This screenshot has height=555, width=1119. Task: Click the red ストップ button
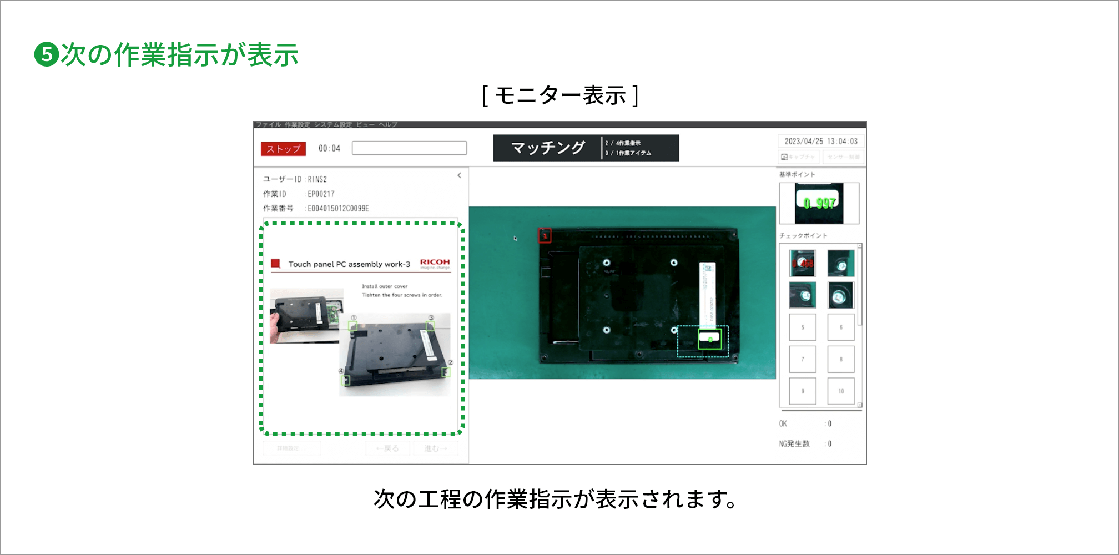tap(283, 149)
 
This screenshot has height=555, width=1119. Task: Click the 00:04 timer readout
tap(329, 148)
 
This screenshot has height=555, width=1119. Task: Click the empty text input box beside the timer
tap(409, 148)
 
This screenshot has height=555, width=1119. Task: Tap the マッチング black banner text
tap(547, 148)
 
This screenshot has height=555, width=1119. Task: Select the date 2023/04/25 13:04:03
tap(821, 141)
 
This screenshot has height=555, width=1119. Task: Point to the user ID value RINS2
tap(317, 179)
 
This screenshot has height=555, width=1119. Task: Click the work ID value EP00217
tap(321, 194)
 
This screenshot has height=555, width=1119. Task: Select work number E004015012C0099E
tap(338, 208)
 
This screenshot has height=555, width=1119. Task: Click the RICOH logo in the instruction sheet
tap(435, 263)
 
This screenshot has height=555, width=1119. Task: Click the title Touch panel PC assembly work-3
tap(349, 264)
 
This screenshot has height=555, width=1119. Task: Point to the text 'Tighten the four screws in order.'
tap(402, 295)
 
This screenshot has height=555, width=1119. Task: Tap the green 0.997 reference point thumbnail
tap(819, 203)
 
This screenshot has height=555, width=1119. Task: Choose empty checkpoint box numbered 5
tap(803, 327)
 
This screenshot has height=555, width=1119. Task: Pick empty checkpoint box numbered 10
tap(841, 391)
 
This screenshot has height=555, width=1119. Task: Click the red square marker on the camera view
tap(545, 236)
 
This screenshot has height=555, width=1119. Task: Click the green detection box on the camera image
tap(709, 339)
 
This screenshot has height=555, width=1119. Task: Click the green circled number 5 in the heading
tap(47, 55)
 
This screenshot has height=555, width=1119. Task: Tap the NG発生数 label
tap(794, 443)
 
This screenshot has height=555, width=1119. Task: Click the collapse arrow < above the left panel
tap(459, 175)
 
